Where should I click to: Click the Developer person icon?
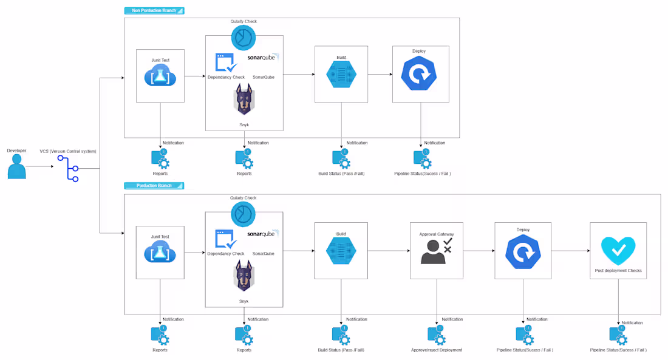click(x=16, y=166)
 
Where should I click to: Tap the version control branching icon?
click(x=69, y=169)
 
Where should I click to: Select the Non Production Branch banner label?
click(x=154, y=11)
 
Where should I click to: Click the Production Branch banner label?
click(x=154, y=186)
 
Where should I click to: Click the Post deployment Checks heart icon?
click(x=618, y=251)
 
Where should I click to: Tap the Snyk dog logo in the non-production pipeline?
click(x=244, y=100)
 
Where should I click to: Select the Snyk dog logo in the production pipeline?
click(x=244, y=276)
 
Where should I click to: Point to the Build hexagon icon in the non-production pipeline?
click(x=341, y=75)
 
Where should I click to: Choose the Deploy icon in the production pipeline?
click(x=523, y=252)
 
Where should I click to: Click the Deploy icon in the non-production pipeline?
click(x=419, y=73)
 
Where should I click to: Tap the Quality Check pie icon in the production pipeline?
click(x=244, y=214)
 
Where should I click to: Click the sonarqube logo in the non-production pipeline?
click(x=264, y=57)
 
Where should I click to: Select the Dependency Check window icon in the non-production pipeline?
click(x=227, y=63)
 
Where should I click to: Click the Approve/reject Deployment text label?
click(x=437, y=350)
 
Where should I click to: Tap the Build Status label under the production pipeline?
click(x=341, y=350)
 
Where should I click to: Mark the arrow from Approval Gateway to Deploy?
click(x=479, y=251)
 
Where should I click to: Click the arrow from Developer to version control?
click(x=40, y=166)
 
